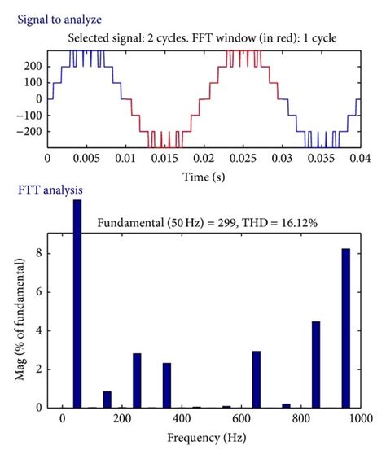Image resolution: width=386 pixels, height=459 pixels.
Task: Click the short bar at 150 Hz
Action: pos(107,399)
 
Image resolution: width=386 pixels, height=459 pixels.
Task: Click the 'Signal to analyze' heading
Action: pos(55,17)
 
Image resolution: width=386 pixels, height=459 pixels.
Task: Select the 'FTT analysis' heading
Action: pos(50,192)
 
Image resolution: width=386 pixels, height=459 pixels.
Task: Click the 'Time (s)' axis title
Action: pos(202,177)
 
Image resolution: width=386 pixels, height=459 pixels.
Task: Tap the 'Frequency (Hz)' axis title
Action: pos(210,438)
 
